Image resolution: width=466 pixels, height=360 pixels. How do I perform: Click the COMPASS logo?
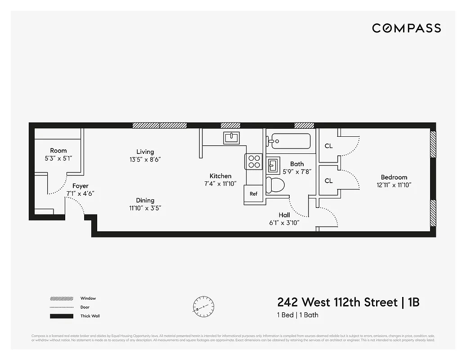(406, 28)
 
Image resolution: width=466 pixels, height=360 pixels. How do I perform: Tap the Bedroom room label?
(394, 177)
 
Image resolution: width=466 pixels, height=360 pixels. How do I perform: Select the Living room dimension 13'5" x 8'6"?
(145, 159)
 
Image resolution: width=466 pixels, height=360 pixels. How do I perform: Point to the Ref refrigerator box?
(253, 194)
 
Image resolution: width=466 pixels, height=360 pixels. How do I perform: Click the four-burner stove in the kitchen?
(254, 161)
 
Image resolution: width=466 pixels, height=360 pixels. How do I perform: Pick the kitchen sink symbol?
(232, 137)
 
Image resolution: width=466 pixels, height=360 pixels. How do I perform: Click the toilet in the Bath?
(275, 185)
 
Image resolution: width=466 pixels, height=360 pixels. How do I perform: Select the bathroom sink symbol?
(273, 165)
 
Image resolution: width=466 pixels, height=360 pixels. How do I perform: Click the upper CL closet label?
(328, 146)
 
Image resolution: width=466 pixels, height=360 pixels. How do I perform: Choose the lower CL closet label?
(328, 181)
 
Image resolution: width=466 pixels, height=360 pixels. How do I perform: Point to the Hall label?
(284, 215)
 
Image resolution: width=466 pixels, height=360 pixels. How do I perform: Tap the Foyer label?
(81, 186)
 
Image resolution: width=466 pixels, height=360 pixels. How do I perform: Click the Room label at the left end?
(58, 151)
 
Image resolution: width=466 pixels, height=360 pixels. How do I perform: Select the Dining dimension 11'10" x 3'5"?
(145, 208)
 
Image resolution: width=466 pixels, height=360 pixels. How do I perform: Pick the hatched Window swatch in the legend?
(62, 298)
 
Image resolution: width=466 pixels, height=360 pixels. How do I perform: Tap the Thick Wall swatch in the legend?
(62, 316)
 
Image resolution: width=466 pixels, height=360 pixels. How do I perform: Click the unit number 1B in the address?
(413, 302)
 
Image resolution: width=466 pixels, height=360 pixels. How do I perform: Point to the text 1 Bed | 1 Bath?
(297, 315)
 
